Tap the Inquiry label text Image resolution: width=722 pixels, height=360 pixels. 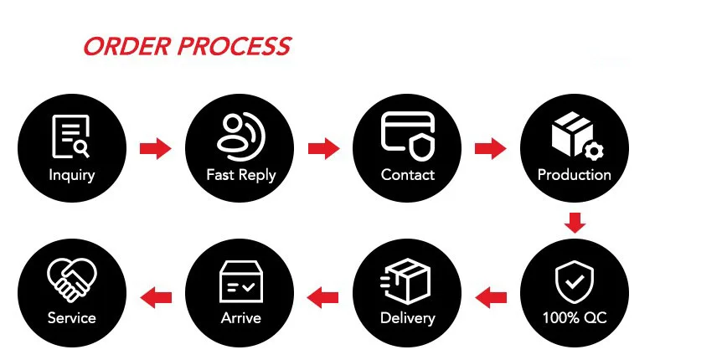[x=72, y=176]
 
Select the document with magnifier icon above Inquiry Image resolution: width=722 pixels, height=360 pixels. [x=71, y=136]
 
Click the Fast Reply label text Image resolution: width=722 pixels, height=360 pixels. [x=240, y=176]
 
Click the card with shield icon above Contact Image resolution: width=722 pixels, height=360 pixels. [x=408, y=134]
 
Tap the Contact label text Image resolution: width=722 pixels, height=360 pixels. [x=408, y=176]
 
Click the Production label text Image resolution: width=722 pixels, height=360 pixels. [x=575, y=175]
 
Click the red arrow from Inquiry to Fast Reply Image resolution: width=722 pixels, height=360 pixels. [x=155, y=149]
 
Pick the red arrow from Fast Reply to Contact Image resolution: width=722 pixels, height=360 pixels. [x=323, y=149]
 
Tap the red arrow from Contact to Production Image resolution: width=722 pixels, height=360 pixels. [x=491, y=149]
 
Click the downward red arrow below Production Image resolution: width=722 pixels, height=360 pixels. [x=575, y=223]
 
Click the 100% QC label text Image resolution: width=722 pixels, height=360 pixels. [x=575, y=319]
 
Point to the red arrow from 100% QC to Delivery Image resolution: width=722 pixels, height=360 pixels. [x=491, y=296]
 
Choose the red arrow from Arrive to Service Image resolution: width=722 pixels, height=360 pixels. [x=155, y=296]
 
